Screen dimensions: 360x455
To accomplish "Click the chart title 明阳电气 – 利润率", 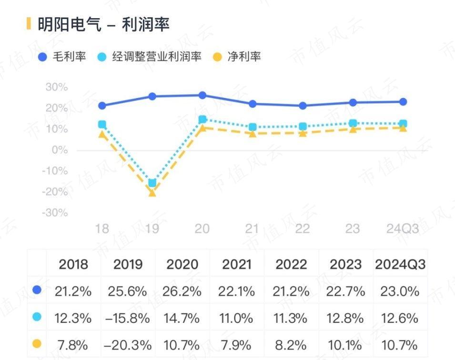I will (103, 24).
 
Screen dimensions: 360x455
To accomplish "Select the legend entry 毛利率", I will (62, 57).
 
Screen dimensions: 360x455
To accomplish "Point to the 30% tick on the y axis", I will (56, 87).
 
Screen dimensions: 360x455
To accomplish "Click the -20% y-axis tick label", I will (55, 191).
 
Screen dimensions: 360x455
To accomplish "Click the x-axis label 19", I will (152, 229).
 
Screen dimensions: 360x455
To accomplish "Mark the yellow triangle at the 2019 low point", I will (152, 193).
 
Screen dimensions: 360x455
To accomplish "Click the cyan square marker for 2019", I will (152, 183).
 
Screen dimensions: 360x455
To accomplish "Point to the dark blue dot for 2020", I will (202, 95).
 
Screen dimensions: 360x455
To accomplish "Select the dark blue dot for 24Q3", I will (403, 101).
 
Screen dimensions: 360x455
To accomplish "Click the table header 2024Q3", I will (400, 264).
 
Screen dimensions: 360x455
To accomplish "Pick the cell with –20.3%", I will (128, 344).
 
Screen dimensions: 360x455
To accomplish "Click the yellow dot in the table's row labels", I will (37, 343).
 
